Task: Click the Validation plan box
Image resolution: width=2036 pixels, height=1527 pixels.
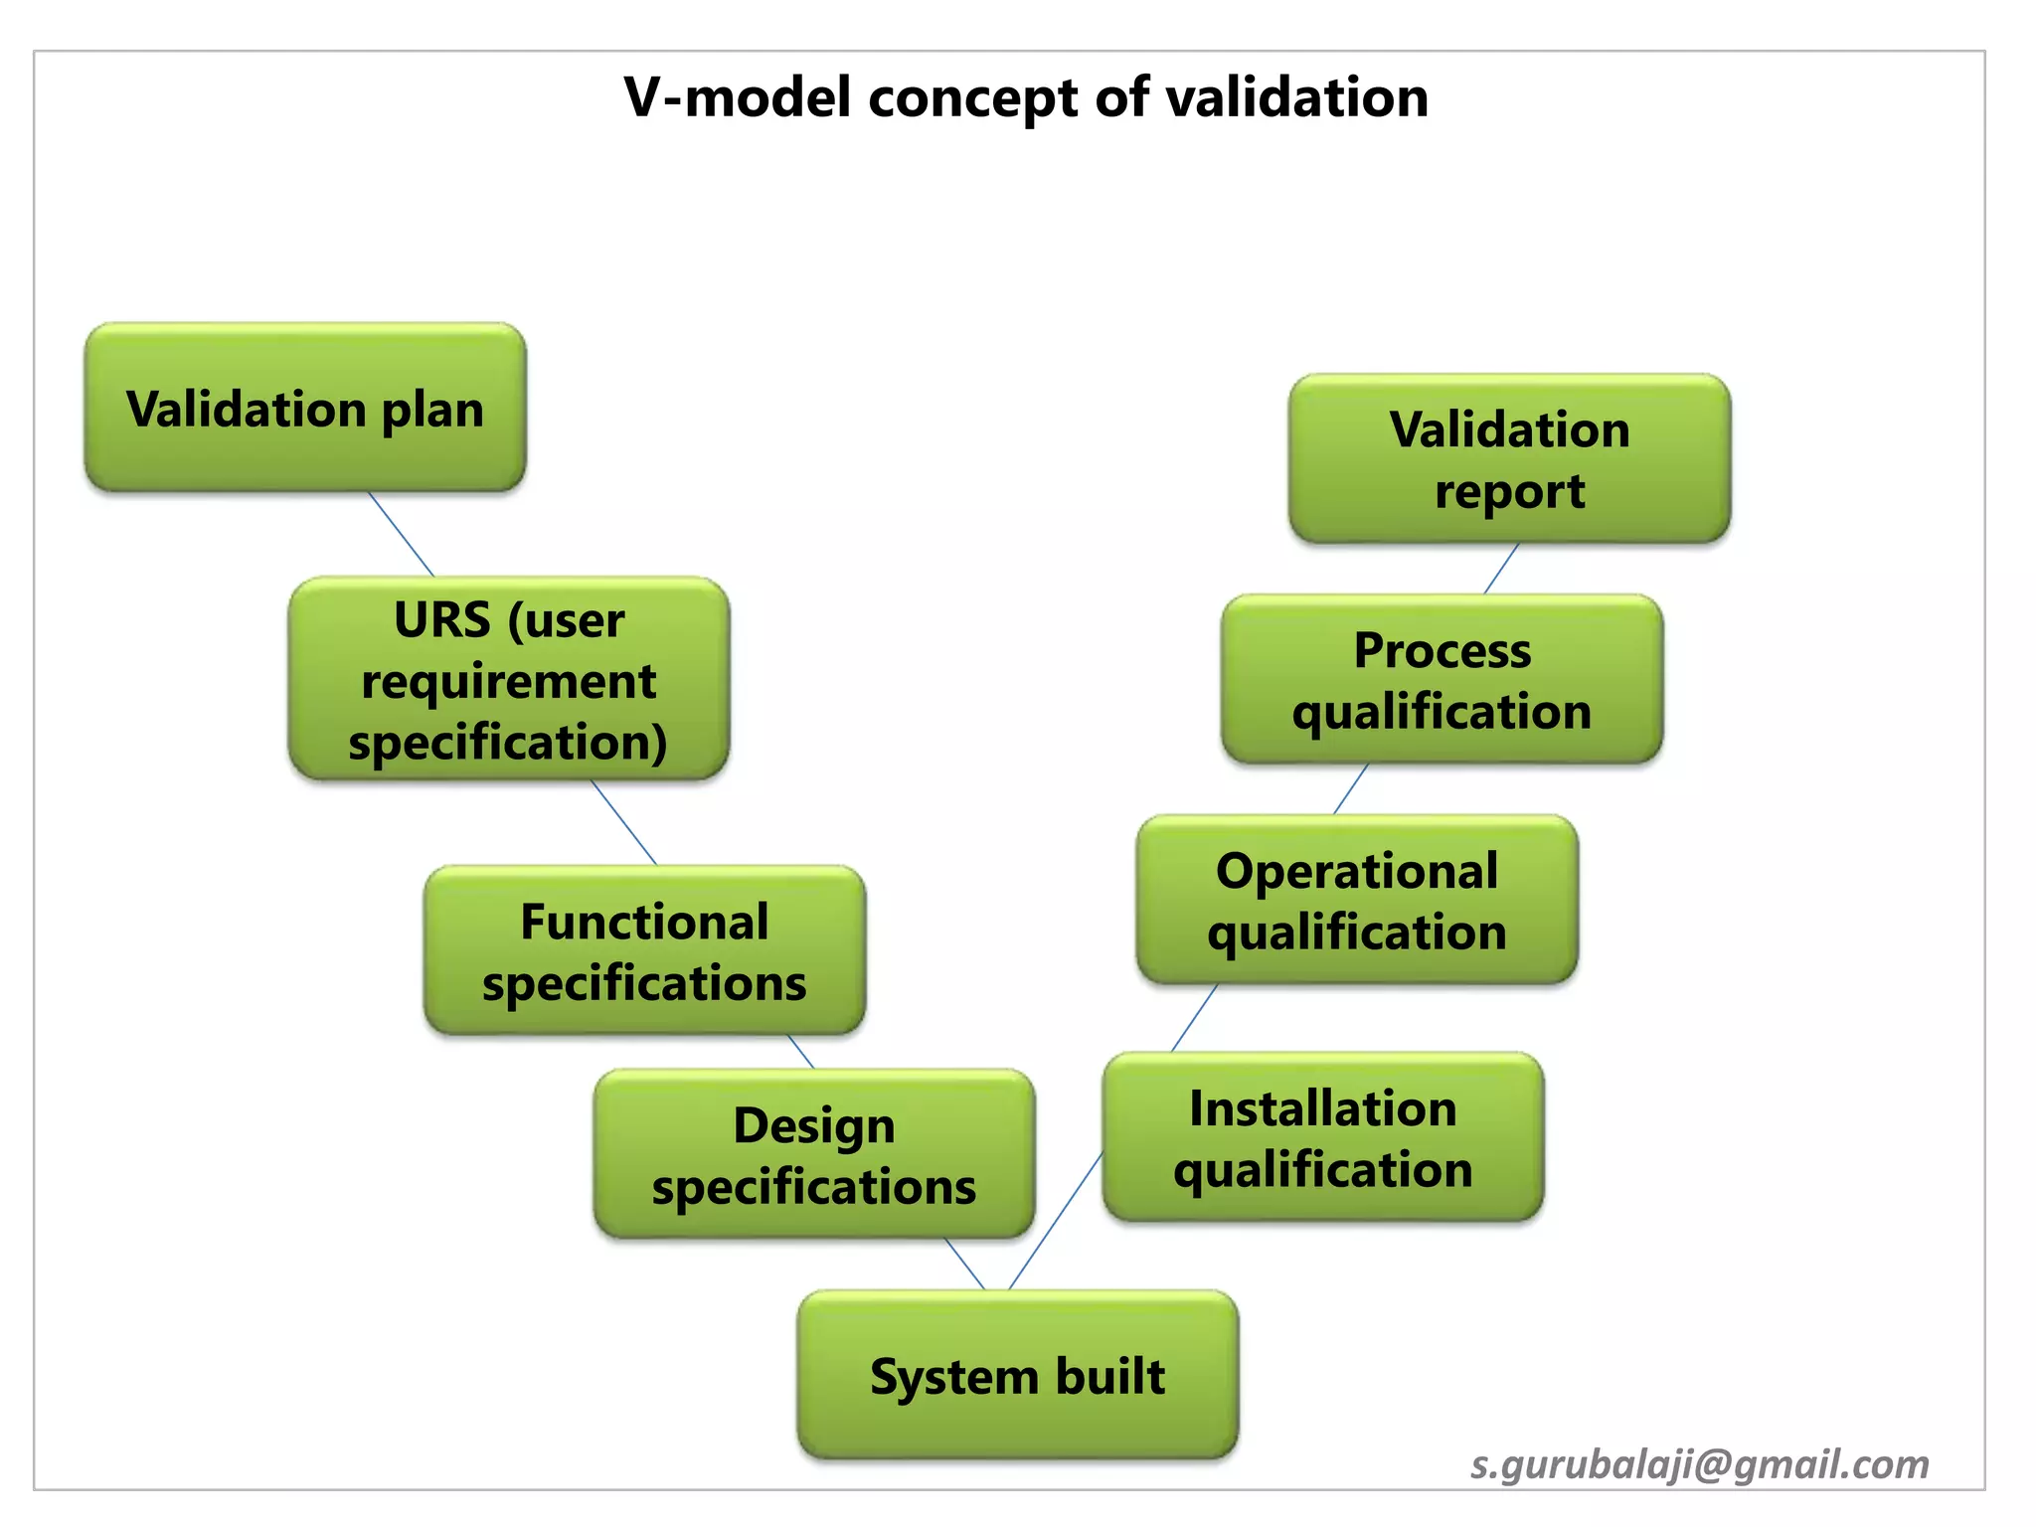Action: pos(305,408)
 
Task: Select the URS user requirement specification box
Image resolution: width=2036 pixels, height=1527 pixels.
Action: pos(508,680)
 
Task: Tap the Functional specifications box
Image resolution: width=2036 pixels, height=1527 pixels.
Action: pos(644,950)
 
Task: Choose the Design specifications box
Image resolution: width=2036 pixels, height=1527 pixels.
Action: pos(813,1154)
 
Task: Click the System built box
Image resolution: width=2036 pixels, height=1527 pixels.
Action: pos(1017,1376)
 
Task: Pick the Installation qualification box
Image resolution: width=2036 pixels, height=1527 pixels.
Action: pos(1322,1137)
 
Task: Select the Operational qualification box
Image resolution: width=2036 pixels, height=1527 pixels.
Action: pos(1356,900)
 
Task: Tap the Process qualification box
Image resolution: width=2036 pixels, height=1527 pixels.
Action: pos(1442,680)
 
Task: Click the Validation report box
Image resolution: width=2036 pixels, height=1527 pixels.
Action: pos(1509,459)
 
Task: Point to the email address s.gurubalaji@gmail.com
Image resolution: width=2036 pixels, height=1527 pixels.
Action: pos(1700,1464)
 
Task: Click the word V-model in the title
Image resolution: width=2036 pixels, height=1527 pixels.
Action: pos(738,97)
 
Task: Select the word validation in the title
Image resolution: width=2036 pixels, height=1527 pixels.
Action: pos(1296,97)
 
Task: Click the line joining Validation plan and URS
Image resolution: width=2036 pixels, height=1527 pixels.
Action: pos(402,534)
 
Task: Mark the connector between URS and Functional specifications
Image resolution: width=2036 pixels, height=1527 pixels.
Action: pos(624,823)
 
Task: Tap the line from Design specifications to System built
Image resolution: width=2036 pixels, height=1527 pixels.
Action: pos(964,1265)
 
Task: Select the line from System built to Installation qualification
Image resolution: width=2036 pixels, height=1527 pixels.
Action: pos(1056,1222)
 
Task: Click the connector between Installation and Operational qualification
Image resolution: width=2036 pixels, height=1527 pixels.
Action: pos(1194,1018)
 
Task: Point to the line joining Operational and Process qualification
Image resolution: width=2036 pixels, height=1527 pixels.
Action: pos(1350,789)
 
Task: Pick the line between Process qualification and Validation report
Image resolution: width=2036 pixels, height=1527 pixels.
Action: pos(1501,569)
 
